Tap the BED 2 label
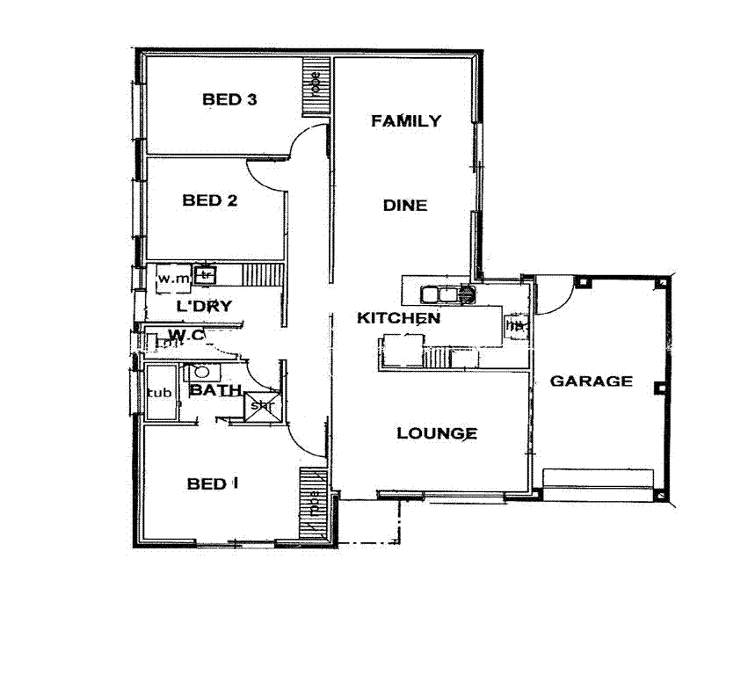point(209,200)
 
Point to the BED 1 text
point(213,483)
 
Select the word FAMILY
point(405,121)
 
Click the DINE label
point(404,206)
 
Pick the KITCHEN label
point(398,318)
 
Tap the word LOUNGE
point(437,433)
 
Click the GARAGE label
point(591,381)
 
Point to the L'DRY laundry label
point(203,307)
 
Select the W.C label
point(185,335)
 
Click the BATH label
point(215,389)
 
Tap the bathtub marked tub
point(159,393)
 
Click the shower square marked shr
point(261,405)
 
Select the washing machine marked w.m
point(173,279)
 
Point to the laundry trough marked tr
point(206,275)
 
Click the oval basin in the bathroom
point(200,372)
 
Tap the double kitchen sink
point(447,294)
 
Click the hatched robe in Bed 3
point(315,87)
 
